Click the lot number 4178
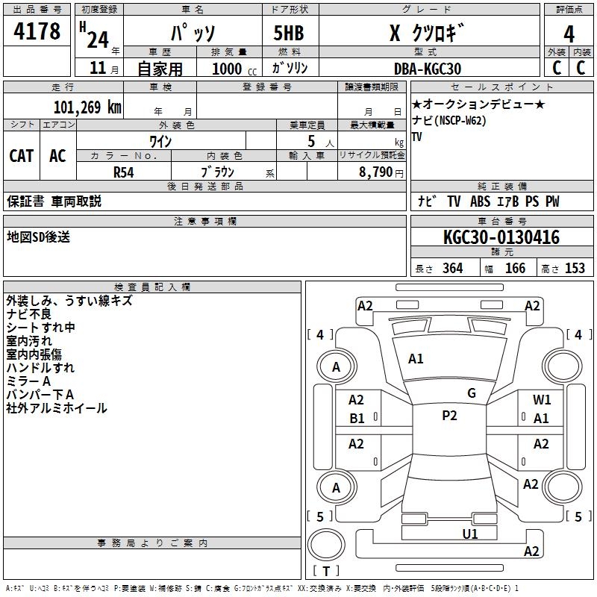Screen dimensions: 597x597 (37, 32)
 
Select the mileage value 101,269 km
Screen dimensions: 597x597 (87, 107)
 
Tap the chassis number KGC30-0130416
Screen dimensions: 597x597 (501, 237)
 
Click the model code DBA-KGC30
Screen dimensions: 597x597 (428, 69)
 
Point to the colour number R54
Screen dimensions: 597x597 (124, 171)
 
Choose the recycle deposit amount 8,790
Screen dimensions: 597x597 (376, 171)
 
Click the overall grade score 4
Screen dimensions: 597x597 (569, 34)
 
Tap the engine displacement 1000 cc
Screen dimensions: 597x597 (228, 69)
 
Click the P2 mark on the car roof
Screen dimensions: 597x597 (449, 416)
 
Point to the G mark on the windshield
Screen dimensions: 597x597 (472, 393)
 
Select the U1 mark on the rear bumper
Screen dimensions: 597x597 (469, 534)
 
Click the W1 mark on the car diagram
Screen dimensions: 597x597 (542, 400)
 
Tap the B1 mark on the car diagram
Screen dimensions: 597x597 (357, 419)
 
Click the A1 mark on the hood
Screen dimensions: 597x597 (416, 359)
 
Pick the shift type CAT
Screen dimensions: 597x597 (21, 156)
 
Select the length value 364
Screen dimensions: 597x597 (452, 269)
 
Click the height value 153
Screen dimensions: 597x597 (575, 269)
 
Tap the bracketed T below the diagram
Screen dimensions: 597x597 (326, 572)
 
